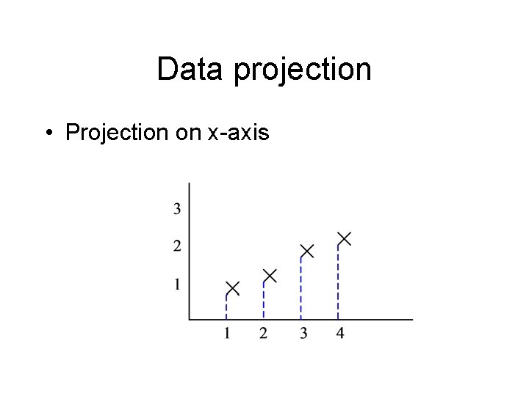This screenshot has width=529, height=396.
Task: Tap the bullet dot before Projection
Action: [46, 133]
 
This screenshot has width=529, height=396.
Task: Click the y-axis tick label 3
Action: [178, 209]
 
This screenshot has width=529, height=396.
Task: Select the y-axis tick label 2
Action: [178, 246]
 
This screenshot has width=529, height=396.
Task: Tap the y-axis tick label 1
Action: [178, 284]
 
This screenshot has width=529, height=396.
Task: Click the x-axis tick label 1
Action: [227, 334]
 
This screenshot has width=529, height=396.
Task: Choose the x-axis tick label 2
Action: [264, 334]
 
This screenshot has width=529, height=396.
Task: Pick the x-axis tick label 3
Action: [303, 334]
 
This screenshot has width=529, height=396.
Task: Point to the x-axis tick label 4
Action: [339, 334]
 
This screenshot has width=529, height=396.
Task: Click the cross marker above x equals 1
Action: [232, 287]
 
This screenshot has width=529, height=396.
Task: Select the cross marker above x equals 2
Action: [270, 276]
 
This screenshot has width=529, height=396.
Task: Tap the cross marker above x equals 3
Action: [307, 251]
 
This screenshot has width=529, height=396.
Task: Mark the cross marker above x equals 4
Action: [344, 238]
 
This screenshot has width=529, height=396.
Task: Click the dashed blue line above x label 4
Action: [338, 282]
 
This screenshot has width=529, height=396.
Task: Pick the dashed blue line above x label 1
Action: [226, 307]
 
